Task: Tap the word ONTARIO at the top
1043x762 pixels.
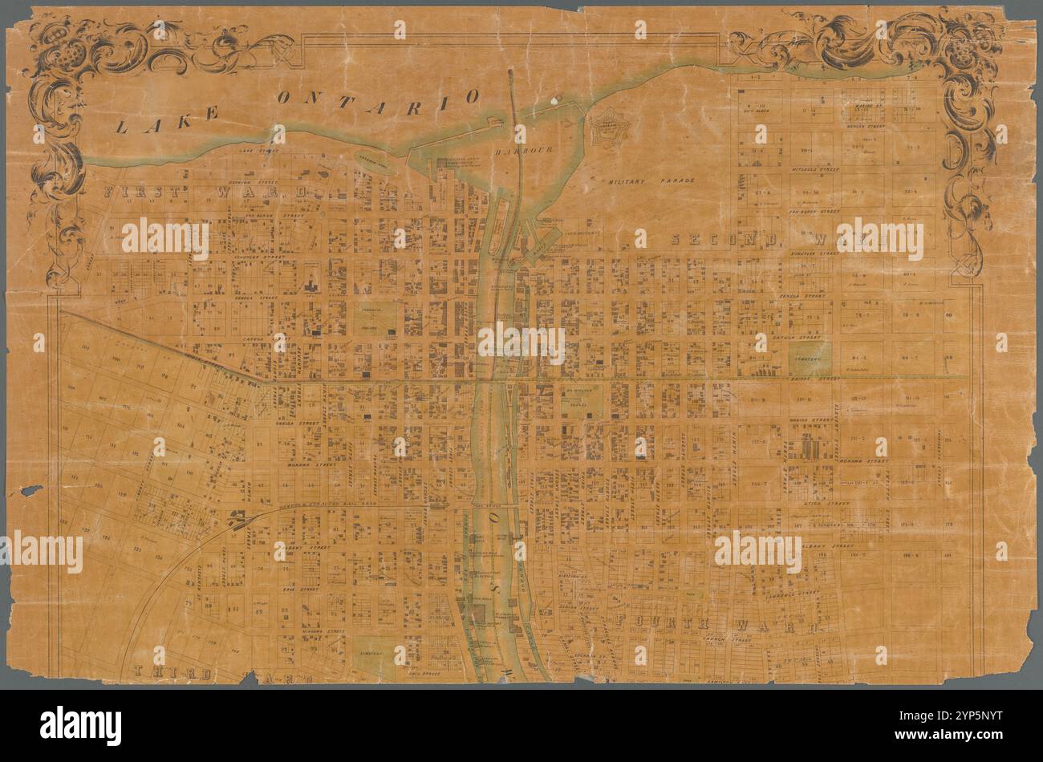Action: coord(379,97)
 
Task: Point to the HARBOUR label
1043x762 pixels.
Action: coord(519,151)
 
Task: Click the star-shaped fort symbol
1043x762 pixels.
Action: coord(612,127)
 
